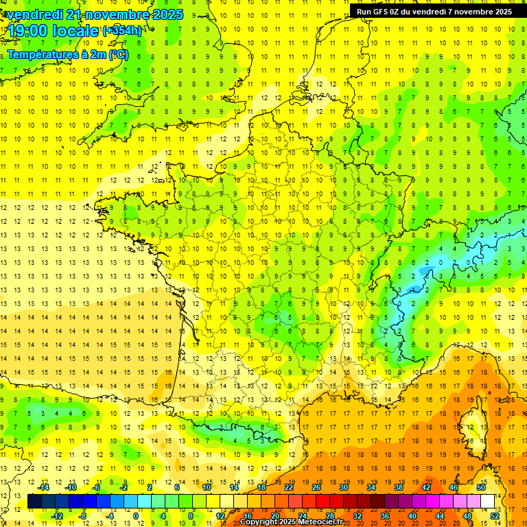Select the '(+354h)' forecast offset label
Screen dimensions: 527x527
(122, 30)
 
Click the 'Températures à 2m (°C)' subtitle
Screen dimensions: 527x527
(67, 54)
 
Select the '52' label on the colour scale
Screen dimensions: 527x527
(495, 515)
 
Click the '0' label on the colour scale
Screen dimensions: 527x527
(136, 515)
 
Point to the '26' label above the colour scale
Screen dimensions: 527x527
(316, 487)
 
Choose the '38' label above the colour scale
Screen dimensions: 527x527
(398, 487)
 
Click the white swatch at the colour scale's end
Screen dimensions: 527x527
(488, 502)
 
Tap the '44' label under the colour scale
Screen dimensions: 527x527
(440, 515)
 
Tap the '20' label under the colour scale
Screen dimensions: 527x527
(275, 515)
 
